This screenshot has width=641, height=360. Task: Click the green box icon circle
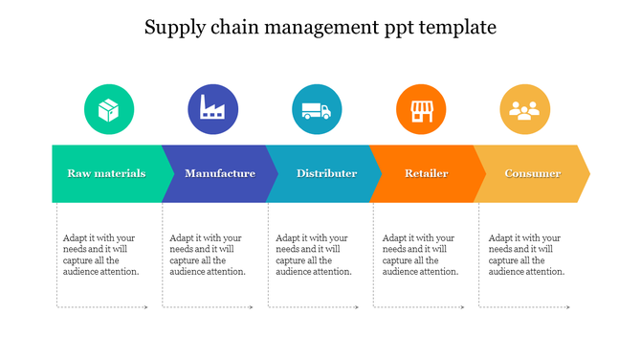tap(108, 109)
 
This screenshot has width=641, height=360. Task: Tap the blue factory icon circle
tap(212, 109)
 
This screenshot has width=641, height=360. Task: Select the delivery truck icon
tap(316, 109)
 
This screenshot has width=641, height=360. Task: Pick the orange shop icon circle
tap(420, 109)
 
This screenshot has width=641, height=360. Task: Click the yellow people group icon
tap(524, 109)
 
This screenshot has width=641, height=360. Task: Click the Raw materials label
tap(106, 173)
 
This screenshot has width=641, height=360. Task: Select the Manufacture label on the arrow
tap(220, 173)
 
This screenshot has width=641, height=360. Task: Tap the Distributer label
tap(326, 173)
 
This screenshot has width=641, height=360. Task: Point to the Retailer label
tap(427, 173)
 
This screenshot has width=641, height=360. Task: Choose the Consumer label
tap(532, 173)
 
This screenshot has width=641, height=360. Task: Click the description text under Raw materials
tap(101, 255)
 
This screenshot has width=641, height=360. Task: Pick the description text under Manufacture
tap(208, 255)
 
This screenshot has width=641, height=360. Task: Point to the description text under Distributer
tap(314, 255)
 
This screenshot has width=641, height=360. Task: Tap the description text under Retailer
tap(420, 255)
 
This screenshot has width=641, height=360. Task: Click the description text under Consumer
tap(526, 255)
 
